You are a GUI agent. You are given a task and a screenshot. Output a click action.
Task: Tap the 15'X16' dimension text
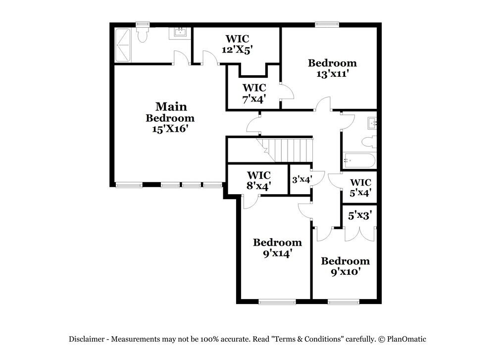170,129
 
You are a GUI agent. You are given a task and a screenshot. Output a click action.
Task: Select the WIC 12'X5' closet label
237,44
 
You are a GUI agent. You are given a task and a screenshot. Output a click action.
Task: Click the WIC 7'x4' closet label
254,93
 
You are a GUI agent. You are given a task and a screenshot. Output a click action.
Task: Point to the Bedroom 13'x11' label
333,68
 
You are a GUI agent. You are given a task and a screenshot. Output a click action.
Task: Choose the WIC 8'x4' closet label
259,180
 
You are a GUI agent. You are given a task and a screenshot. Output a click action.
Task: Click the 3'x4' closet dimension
302,179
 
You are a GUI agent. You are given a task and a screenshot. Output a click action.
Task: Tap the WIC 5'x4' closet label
360,187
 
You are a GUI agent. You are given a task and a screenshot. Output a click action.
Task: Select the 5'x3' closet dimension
360,215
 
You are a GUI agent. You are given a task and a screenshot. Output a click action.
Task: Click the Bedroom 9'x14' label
278,248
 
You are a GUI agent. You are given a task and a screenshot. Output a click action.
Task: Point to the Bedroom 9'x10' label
346,266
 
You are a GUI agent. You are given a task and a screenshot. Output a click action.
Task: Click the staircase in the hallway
285,150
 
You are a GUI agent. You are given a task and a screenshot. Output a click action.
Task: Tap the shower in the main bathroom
122,45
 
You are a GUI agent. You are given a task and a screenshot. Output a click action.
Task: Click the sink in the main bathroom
180,33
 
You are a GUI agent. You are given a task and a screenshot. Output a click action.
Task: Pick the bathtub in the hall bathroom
359,160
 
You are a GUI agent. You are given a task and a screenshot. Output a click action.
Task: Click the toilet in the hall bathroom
369,142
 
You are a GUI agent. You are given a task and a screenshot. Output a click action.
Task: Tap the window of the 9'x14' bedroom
277,302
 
